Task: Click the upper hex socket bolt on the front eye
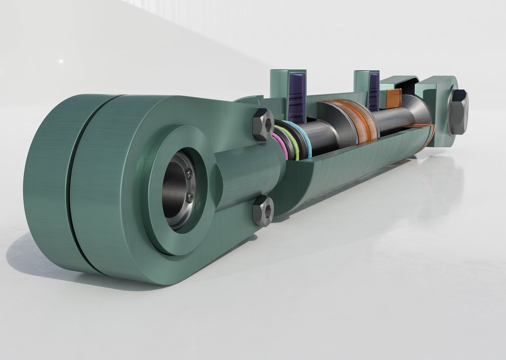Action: pos(262,123)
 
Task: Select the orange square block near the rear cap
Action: pos(393,98)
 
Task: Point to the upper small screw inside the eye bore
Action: pos(189,174)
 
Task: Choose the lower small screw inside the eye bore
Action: pos(189,198)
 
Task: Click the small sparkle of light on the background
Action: pos(61,61)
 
